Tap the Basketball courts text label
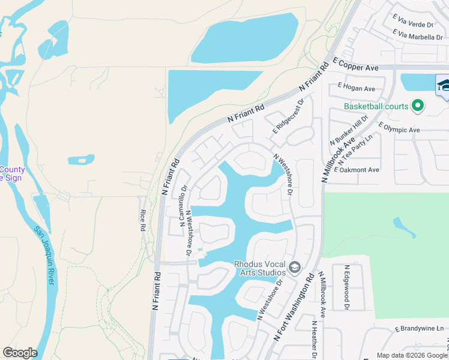click(x=376, y=107)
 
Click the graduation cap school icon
click(x=444, y=85)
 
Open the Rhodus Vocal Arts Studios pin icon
click(x=295, y=267)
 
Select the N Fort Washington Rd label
click(x=294, y=308)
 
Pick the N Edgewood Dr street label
click(x=346, y=287)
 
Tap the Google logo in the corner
click(x=20, y=353)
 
